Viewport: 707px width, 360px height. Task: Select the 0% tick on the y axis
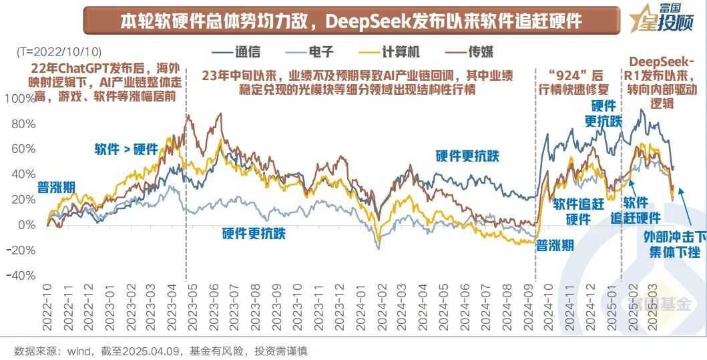pos(27,225)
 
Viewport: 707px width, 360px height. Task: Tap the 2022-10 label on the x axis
pos(47,314)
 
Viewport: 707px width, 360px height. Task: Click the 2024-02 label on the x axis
pos(381,314)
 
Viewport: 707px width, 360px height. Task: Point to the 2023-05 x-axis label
pos(194,314)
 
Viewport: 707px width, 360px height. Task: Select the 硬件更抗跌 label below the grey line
pos(254,233)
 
